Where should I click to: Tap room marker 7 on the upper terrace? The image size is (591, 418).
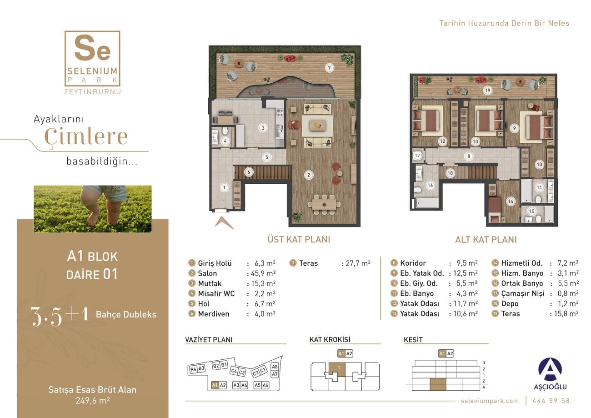pyautogui.click(x=329, y=68)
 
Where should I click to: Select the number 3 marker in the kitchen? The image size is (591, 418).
pyautogui.click(x=263, y=128)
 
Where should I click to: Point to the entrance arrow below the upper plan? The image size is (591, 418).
pyautogui.click(x=224, y=222)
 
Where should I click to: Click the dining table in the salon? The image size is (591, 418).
pyautogui.click(x=324, y=204)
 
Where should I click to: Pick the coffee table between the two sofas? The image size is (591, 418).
pyautogui.click(x=318, y=125)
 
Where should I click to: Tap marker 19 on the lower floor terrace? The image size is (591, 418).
pyautogui.click(x=487, y=91)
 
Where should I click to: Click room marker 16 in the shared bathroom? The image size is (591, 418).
pyautogui.click(x=430, y=185)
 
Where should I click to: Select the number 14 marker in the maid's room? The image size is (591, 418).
pyautogui.click(x=511, y=201)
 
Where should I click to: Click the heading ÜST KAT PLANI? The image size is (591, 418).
pyautogui.click(x=299, y=239)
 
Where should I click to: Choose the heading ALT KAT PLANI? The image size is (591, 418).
pyautogui.click(x=486, y=240)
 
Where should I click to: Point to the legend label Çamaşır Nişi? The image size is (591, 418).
pyautogui.click(x=523, y=293)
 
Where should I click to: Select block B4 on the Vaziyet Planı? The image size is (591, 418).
pyautogui.click(x=193, y=369)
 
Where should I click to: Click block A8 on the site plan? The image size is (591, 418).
pyautogui.click(x=275, y=367)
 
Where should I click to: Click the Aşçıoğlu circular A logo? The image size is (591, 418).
pyautogui.click(x=550, y=369)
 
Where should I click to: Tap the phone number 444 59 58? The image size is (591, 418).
pyautogui.click(x=551, y=401)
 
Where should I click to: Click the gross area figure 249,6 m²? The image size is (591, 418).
pyautogui.click(x=93, y=401)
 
